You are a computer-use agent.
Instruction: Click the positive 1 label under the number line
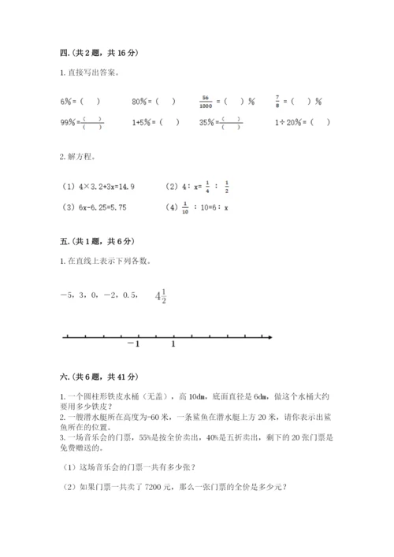173,344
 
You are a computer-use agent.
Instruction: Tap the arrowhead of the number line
269,337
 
